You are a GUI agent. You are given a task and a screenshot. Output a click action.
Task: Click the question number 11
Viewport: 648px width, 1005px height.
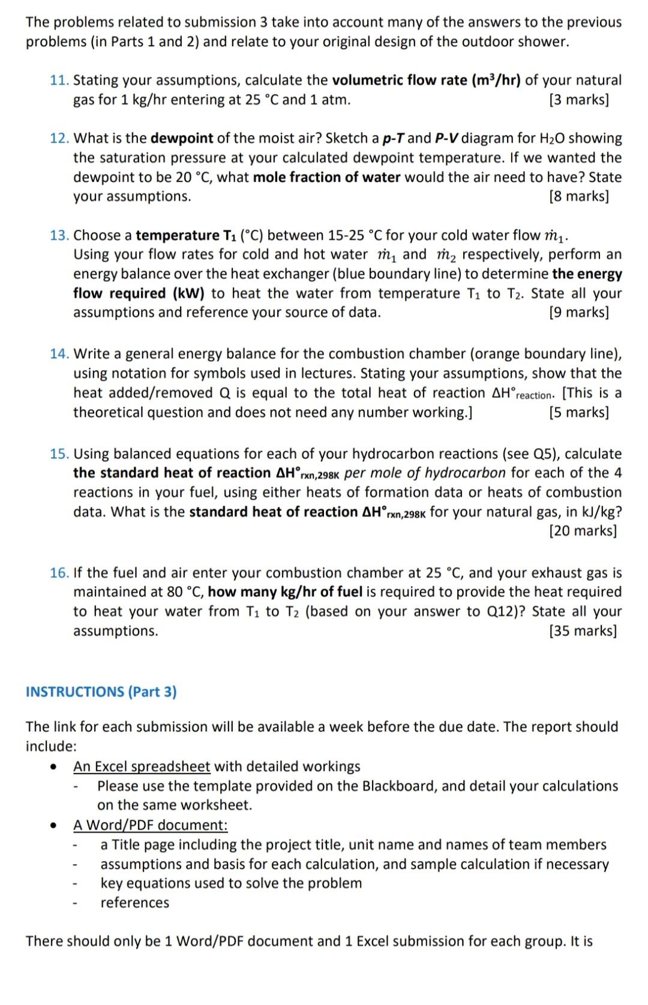59,80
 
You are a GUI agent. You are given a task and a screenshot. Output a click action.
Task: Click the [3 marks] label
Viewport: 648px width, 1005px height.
578,100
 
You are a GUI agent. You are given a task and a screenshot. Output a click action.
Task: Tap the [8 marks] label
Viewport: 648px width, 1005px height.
578,197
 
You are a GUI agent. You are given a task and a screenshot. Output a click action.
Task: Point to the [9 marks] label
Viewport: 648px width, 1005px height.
578,313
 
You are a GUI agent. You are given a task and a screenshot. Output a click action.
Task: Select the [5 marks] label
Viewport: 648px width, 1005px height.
578,413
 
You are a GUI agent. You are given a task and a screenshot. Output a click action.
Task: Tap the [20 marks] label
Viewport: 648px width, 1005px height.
583,531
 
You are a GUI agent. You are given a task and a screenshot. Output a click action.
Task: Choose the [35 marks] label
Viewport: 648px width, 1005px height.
583,631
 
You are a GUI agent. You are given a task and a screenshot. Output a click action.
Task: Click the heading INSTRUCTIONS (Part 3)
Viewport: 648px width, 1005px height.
101,692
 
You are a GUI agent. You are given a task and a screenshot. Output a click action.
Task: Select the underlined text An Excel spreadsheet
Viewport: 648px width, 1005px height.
142,767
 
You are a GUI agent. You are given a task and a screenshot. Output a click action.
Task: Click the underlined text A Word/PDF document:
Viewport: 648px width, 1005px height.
150,826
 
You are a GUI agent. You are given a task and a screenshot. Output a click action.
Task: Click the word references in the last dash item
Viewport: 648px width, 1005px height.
134,903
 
